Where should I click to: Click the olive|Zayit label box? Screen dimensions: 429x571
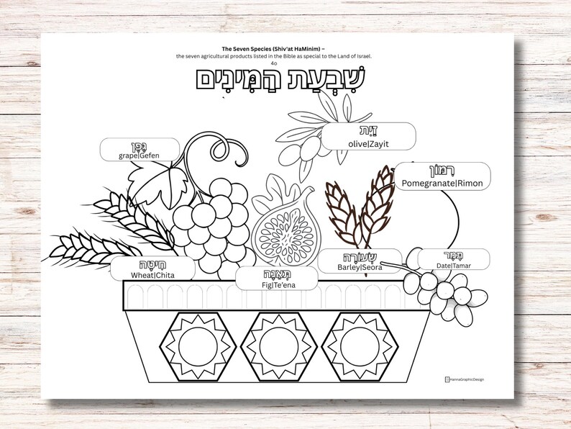point(369,136)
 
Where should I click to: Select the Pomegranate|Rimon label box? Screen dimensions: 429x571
point(442,176)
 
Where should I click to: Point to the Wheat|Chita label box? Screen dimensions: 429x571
point(152,268)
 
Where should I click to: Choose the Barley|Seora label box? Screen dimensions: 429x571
point(360,261)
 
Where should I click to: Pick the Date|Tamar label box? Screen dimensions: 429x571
point(453,259)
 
